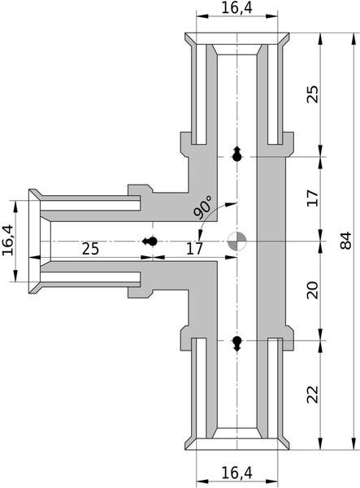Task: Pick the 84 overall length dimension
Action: (x=347, y=241)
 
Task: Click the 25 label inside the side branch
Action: (x=91, y=249)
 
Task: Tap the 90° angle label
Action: (x=203, y=207)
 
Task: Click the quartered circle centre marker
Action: (x=237, y=241)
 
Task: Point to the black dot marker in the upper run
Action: (x=237, y=155)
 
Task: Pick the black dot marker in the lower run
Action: (x=237, y=342)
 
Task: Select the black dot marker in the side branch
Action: (x=149, y=241)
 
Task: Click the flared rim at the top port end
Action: (x=237, y=38)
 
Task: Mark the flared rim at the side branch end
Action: (x=35, y=240)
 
